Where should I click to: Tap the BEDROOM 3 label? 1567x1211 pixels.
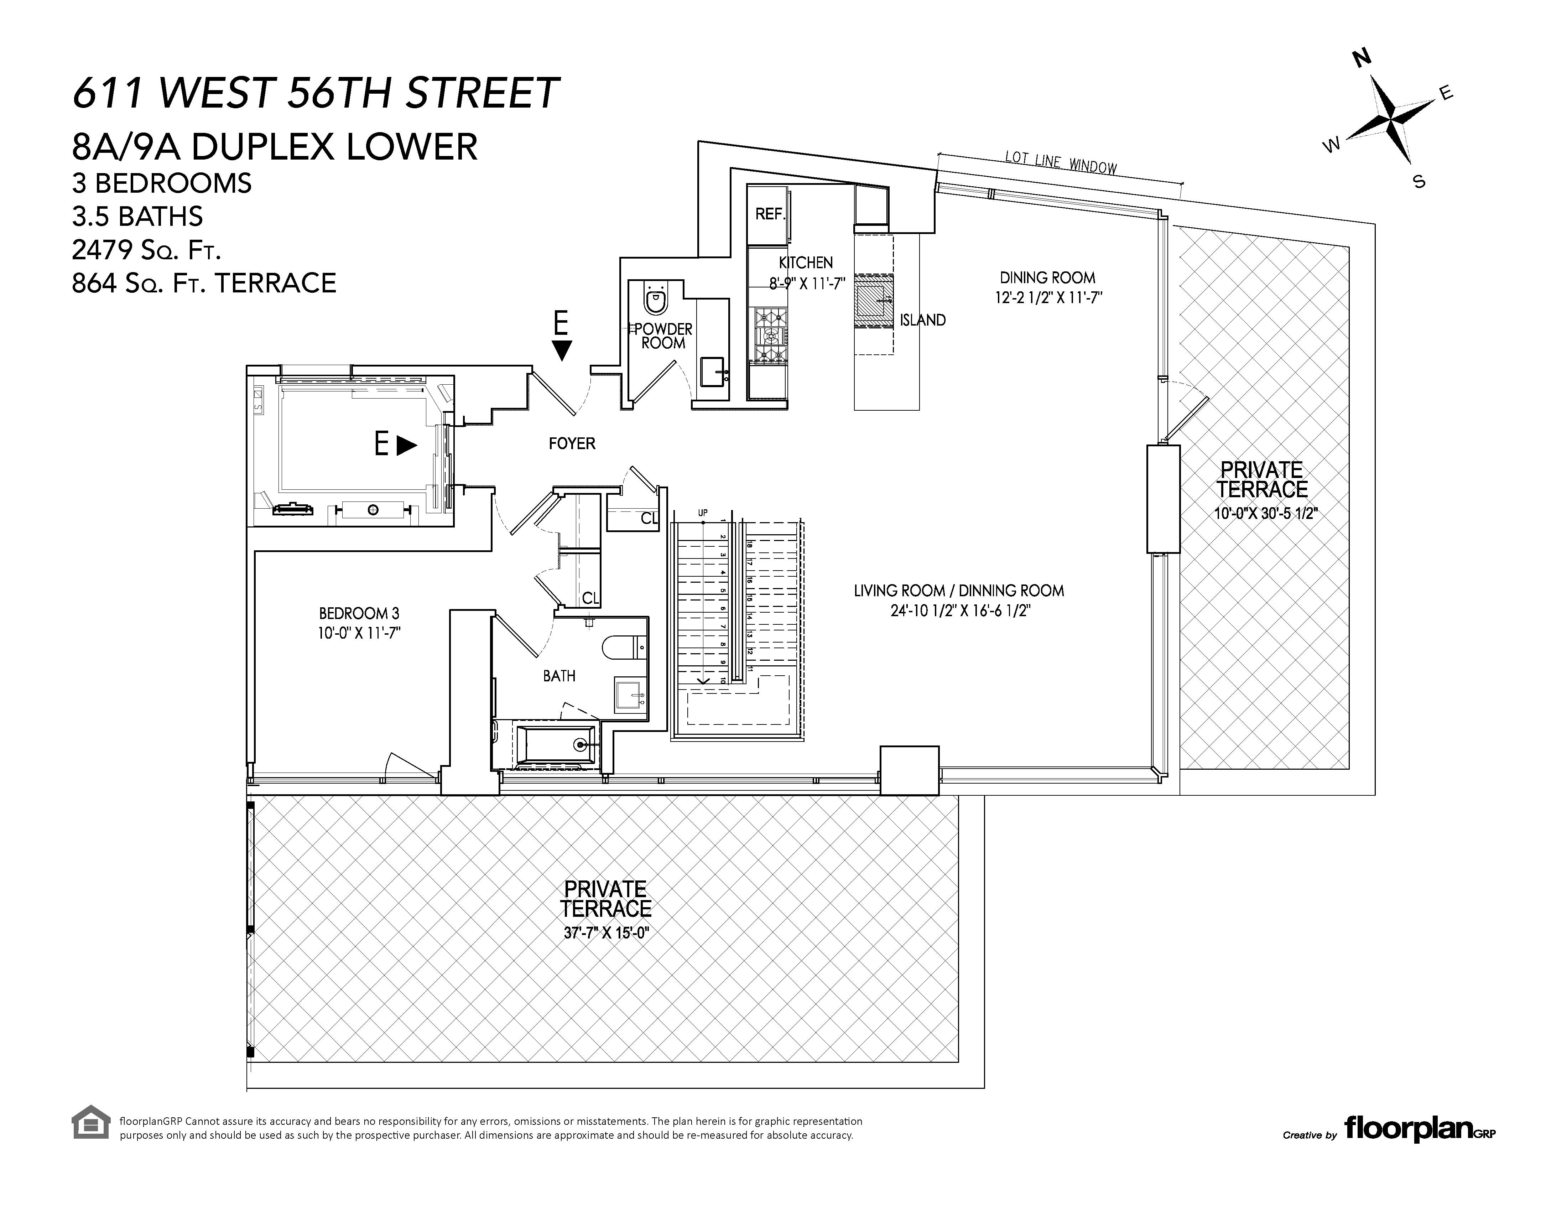[359, 613]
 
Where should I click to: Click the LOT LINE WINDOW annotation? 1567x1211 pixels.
[1061, 163]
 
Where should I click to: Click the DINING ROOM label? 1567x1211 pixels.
[1047, 278]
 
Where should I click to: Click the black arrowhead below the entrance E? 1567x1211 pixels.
[562, 351]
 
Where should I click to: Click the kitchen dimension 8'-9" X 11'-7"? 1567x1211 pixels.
[806, 284]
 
